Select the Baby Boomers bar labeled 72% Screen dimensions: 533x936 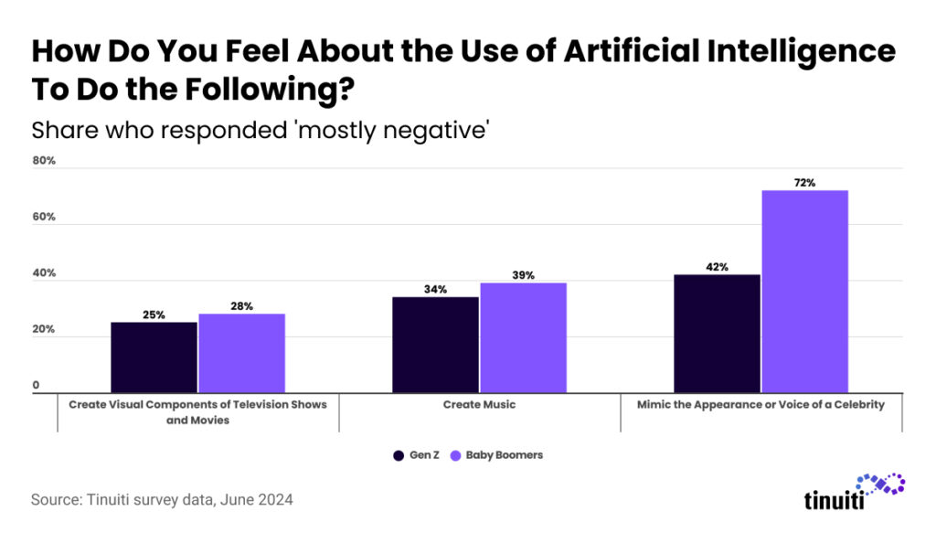click(804, 292)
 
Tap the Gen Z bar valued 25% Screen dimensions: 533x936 click(154, 357)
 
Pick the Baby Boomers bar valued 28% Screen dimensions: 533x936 click(241, 353)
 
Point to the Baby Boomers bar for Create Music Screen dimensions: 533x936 click(523, 337)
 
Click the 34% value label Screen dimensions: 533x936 click(435, 289)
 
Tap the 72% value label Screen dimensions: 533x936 click(804, 183)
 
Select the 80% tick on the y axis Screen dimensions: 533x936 click(44, 161)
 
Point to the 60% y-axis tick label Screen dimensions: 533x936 click(44, 218)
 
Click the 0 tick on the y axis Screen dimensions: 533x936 click(37, 386)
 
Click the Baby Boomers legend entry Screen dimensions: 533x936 click(497, 454)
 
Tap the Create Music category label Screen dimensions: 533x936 click(479, 404)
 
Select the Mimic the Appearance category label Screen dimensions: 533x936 click(760, 404)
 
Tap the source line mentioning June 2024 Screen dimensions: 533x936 click(162, 500)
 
